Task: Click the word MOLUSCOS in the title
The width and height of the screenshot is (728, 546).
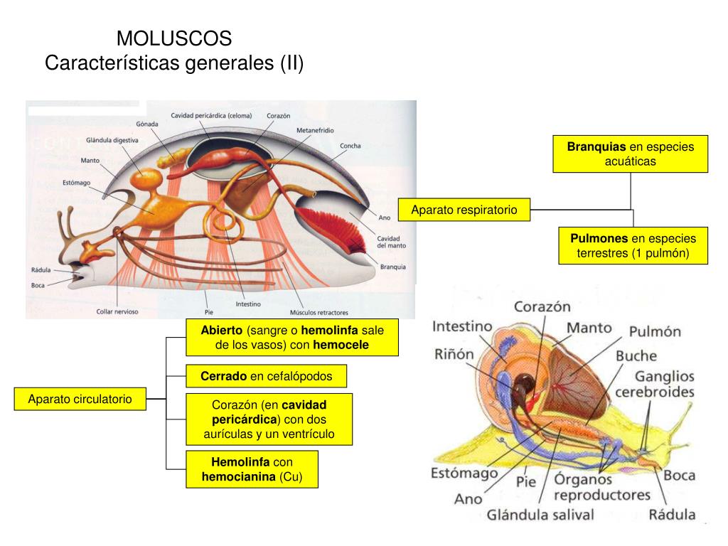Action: (174, 38)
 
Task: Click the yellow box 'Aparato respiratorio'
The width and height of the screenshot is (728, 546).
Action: (464, 210)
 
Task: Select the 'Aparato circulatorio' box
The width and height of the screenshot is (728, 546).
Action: (80, 399)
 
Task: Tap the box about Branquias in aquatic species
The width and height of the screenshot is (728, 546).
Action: (631, 154)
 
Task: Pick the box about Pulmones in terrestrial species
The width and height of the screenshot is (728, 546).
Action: (633, 245)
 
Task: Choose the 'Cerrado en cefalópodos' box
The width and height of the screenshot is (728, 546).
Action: (266, 375)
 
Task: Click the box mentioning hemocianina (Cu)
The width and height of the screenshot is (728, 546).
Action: (252, 469)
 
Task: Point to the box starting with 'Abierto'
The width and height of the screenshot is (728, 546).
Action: (291, 337)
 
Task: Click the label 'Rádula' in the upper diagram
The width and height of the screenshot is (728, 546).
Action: (41, 270)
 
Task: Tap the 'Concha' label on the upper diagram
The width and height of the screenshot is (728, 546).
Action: (350, 146)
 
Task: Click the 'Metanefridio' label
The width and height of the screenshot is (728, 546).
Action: (315, 131)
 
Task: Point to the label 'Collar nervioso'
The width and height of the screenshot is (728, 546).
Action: (117, 311)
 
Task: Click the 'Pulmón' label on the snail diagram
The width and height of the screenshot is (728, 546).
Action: (655, 331)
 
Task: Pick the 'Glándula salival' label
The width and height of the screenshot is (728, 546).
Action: (540, 514)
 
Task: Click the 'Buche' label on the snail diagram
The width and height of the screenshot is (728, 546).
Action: (636, 355)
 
